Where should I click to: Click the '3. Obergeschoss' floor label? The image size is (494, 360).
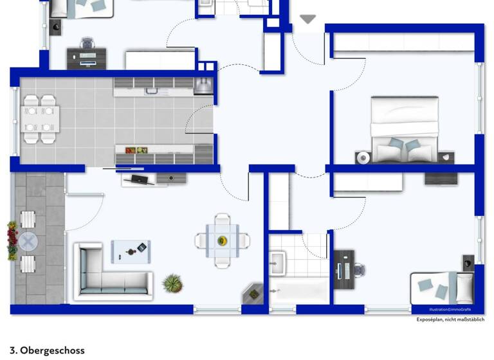coord(47,350)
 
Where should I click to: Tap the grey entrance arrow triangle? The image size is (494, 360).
coord(308,20)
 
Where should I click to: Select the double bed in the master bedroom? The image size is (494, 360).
coord(405,129)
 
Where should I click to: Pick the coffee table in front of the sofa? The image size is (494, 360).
coord(131,251)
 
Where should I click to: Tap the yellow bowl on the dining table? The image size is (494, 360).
coord(223,241)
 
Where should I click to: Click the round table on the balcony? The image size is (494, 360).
coord(28,242)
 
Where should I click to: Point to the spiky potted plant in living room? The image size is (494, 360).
coord(172,282)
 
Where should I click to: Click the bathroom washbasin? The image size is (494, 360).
coord(279,260)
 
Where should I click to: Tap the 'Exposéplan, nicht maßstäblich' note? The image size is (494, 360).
coord(451,319)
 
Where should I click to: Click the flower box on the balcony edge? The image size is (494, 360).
coord(12,241)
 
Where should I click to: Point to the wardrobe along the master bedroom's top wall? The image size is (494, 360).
coord(404,42)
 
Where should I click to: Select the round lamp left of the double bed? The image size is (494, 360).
coord(363,157)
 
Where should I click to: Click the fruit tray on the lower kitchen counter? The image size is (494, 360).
coord(136,150)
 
